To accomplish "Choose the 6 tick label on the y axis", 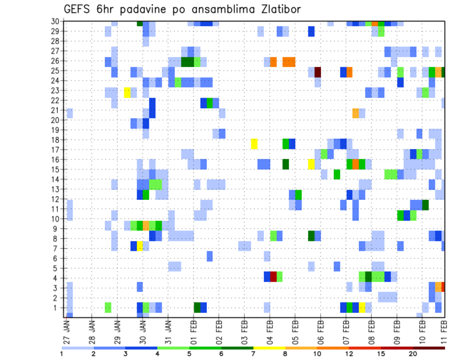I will click(57, 258).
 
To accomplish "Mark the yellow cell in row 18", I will click(254, 144).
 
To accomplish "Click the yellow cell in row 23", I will click(127, 92).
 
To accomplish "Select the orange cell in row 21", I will click(356, 113).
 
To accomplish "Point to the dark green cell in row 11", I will click(425, 205).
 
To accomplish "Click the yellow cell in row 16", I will click(311, 164).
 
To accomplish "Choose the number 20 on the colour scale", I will click(413, 354).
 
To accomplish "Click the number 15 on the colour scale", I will click(382, 354).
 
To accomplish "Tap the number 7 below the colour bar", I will click(253, 354).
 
